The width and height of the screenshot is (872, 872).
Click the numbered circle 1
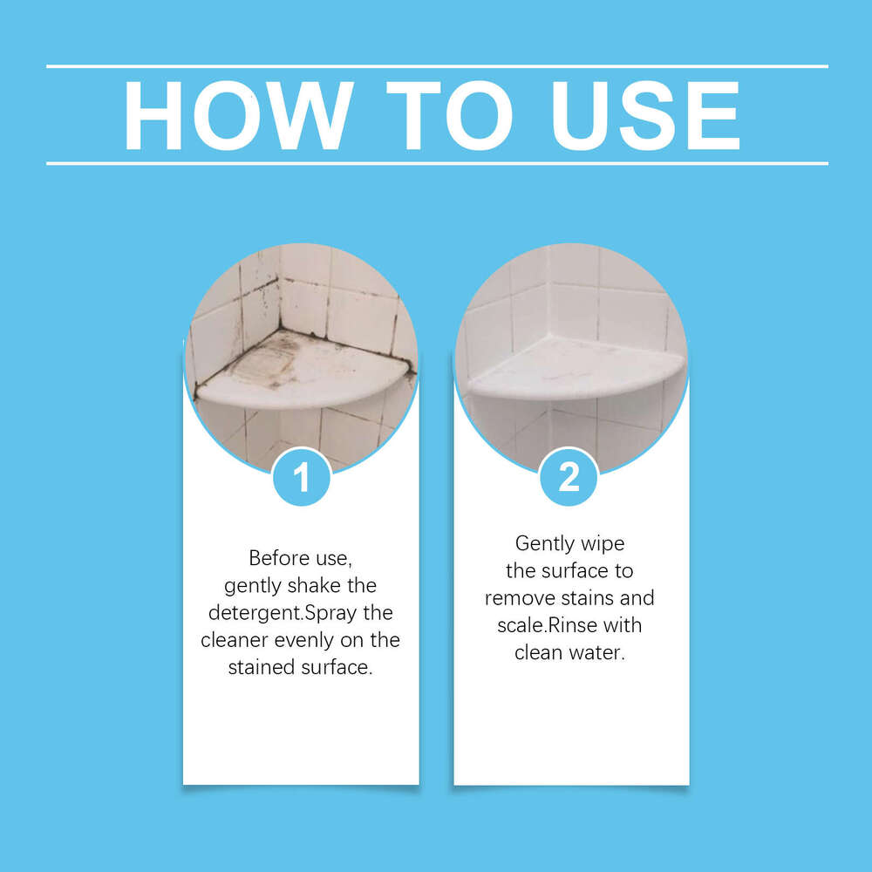(x=301, y=477)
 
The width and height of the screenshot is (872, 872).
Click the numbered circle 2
(x=569, y=477)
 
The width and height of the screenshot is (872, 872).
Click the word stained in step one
(x=261, y=669)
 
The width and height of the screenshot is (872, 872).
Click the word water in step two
(x=600, y=653)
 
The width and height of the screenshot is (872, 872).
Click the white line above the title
(x=436, y=66)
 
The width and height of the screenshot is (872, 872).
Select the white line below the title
(x=436, y=163)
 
